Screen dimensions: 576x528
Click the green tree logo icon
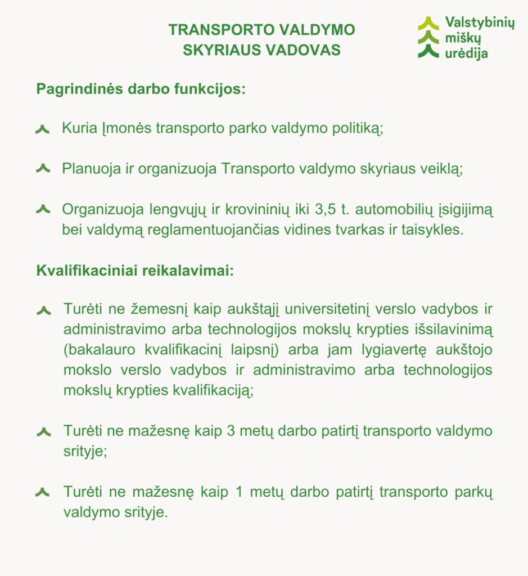428,38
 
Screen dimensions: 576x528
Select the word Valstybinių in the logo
479,23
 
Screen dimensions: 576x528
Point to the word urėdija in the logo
467,53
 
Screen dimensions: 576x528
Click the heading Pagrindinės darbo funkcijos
141,89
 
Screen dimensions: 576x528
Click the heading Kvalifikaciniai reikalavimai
135,271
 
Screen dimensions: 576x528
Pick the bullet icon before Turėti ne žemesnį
43,310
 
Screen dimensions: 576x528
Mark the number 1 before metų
240,492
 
